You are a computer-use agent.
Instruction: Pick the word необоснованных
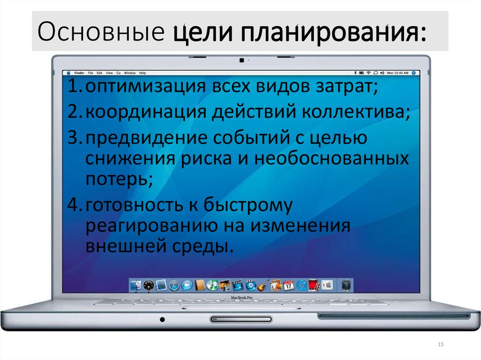pos(332,159)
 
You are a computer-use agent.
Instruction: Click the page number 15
pos(440,345)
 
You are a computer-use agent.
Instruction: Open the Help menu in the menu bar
pos(142,73)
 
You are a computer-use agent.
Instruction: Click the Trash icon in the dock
pos(346,284)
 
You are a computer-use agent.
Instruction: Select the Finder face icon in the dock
pos(136,284)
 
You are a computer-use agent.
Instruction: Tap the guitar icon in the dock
pos(263,284)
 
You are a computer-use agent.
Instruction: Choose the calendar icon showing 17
pos(288,284)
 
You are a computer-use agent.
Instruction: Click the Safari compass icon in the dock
pos(174,284)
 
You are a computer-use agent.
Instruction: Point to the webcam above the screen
pos(241,60)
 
